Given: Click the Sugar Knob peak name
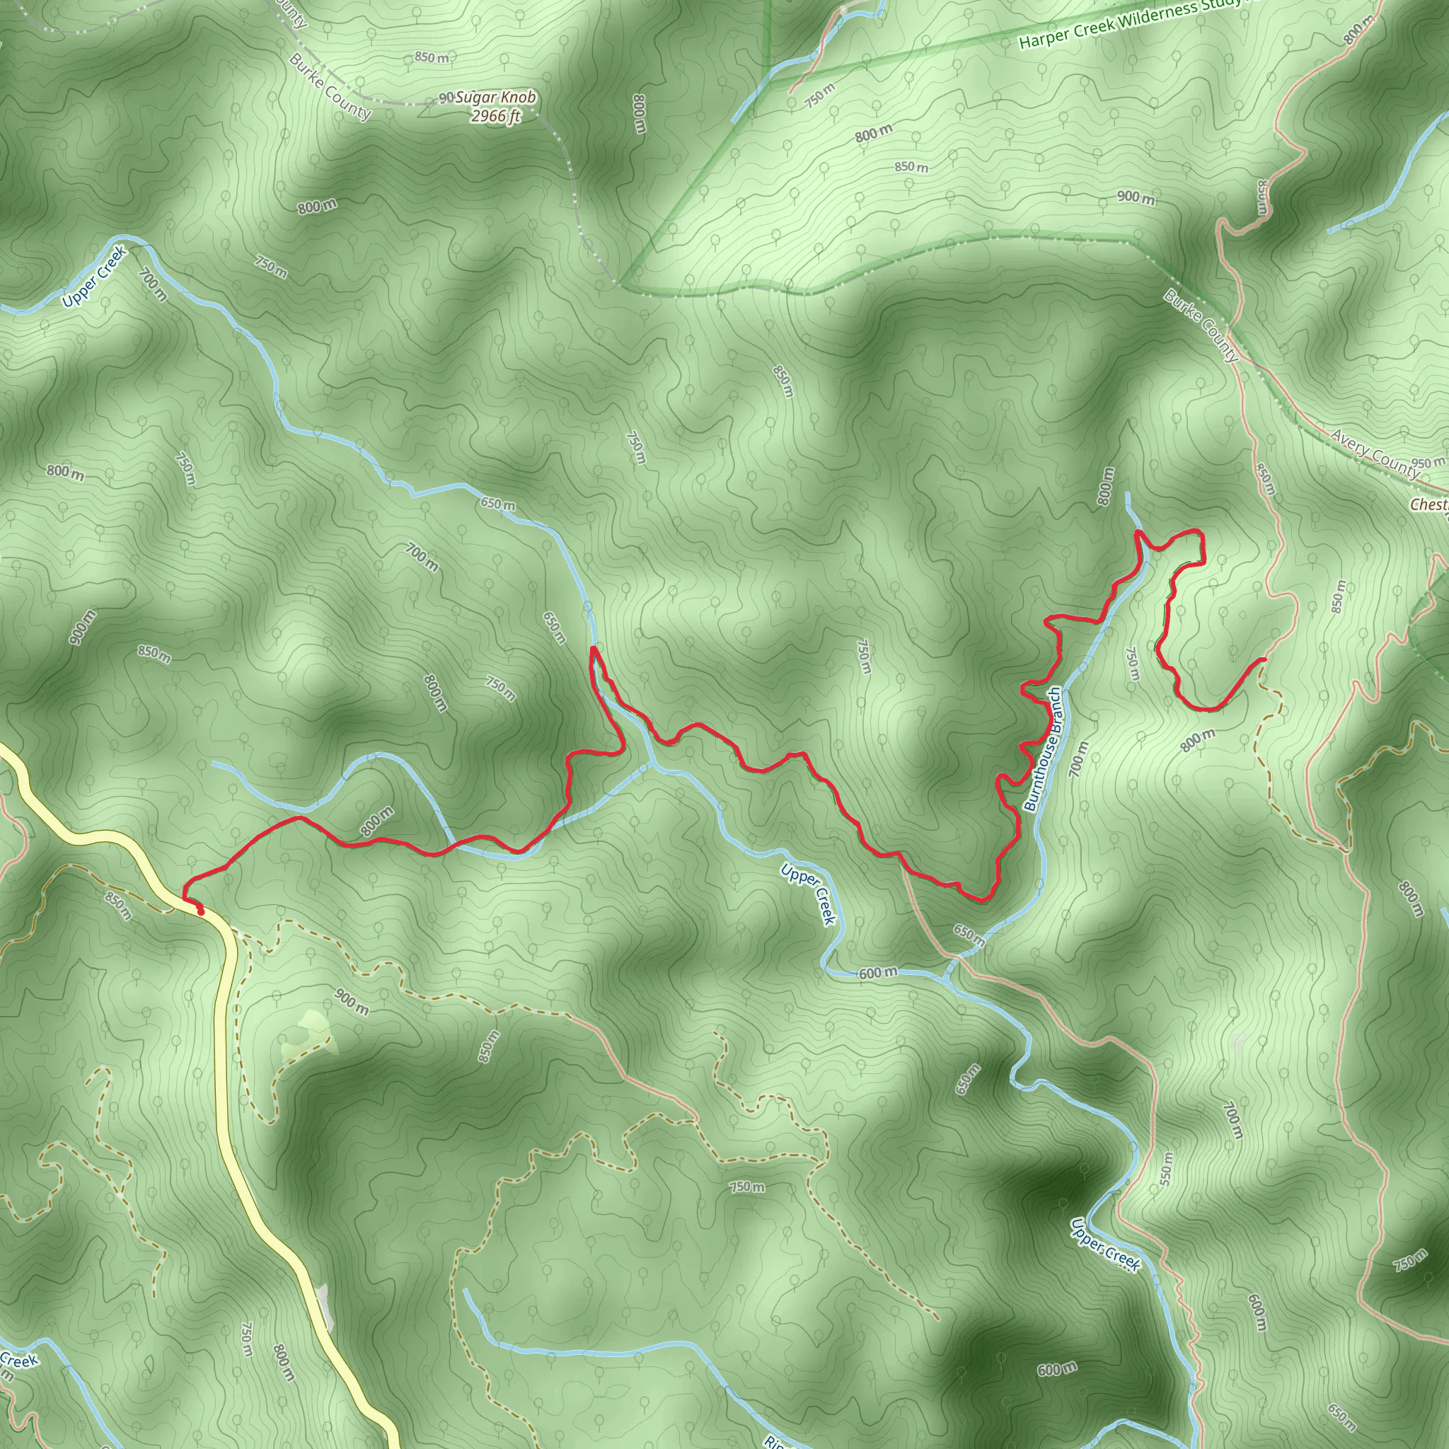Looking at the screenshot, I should coord(497,98).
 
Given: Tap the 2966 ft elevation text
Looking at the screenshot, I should coord(496,115).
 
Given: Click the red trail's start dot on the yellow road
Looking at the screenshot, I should coord(200,911).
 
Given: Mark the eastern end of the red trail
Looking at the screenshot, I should coord(1264,659).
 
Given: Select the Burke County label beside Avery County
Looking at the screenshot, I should coord(1201,326).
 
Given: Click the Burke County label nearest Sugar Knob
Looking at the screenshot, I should coord(330,88).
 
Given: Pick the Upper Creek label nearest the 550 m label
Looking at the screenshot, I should coord(1104,1245).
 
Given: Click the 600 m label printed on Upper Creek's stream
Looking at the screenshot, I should coord(877,974).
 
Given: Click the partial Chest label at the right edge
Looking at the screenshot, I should coord(1429,504).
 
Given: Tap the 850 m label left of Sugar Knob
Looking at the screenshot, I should coord(432,58).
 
